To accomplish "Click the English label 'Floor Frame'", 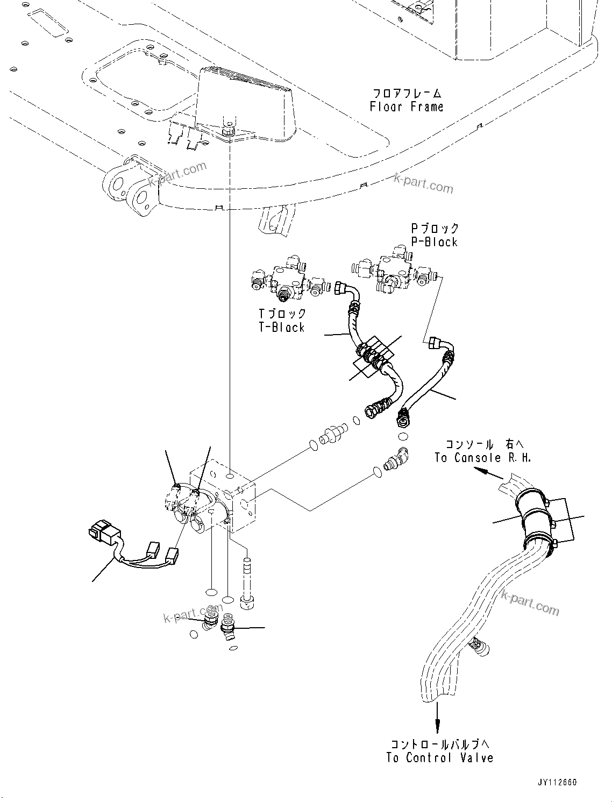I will coord(407,107).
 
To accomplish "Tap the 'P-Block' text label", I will coord(435,242).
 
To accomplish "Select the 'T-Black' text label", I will coord(282,327).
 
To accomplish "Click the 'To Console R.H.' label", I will coord(482,458).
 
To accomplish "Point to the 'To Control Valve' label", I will coord(439,758).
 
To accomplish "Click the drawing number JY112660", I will coord(556,783).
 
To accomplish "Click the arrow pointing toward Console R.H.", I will coord(484,472).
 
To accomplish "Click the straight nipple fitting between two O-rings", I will coord(332,435).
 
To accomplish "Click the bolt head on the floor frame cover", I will coord(227,129).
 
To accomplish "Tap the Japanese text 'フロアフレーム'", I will coord(406,93).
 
